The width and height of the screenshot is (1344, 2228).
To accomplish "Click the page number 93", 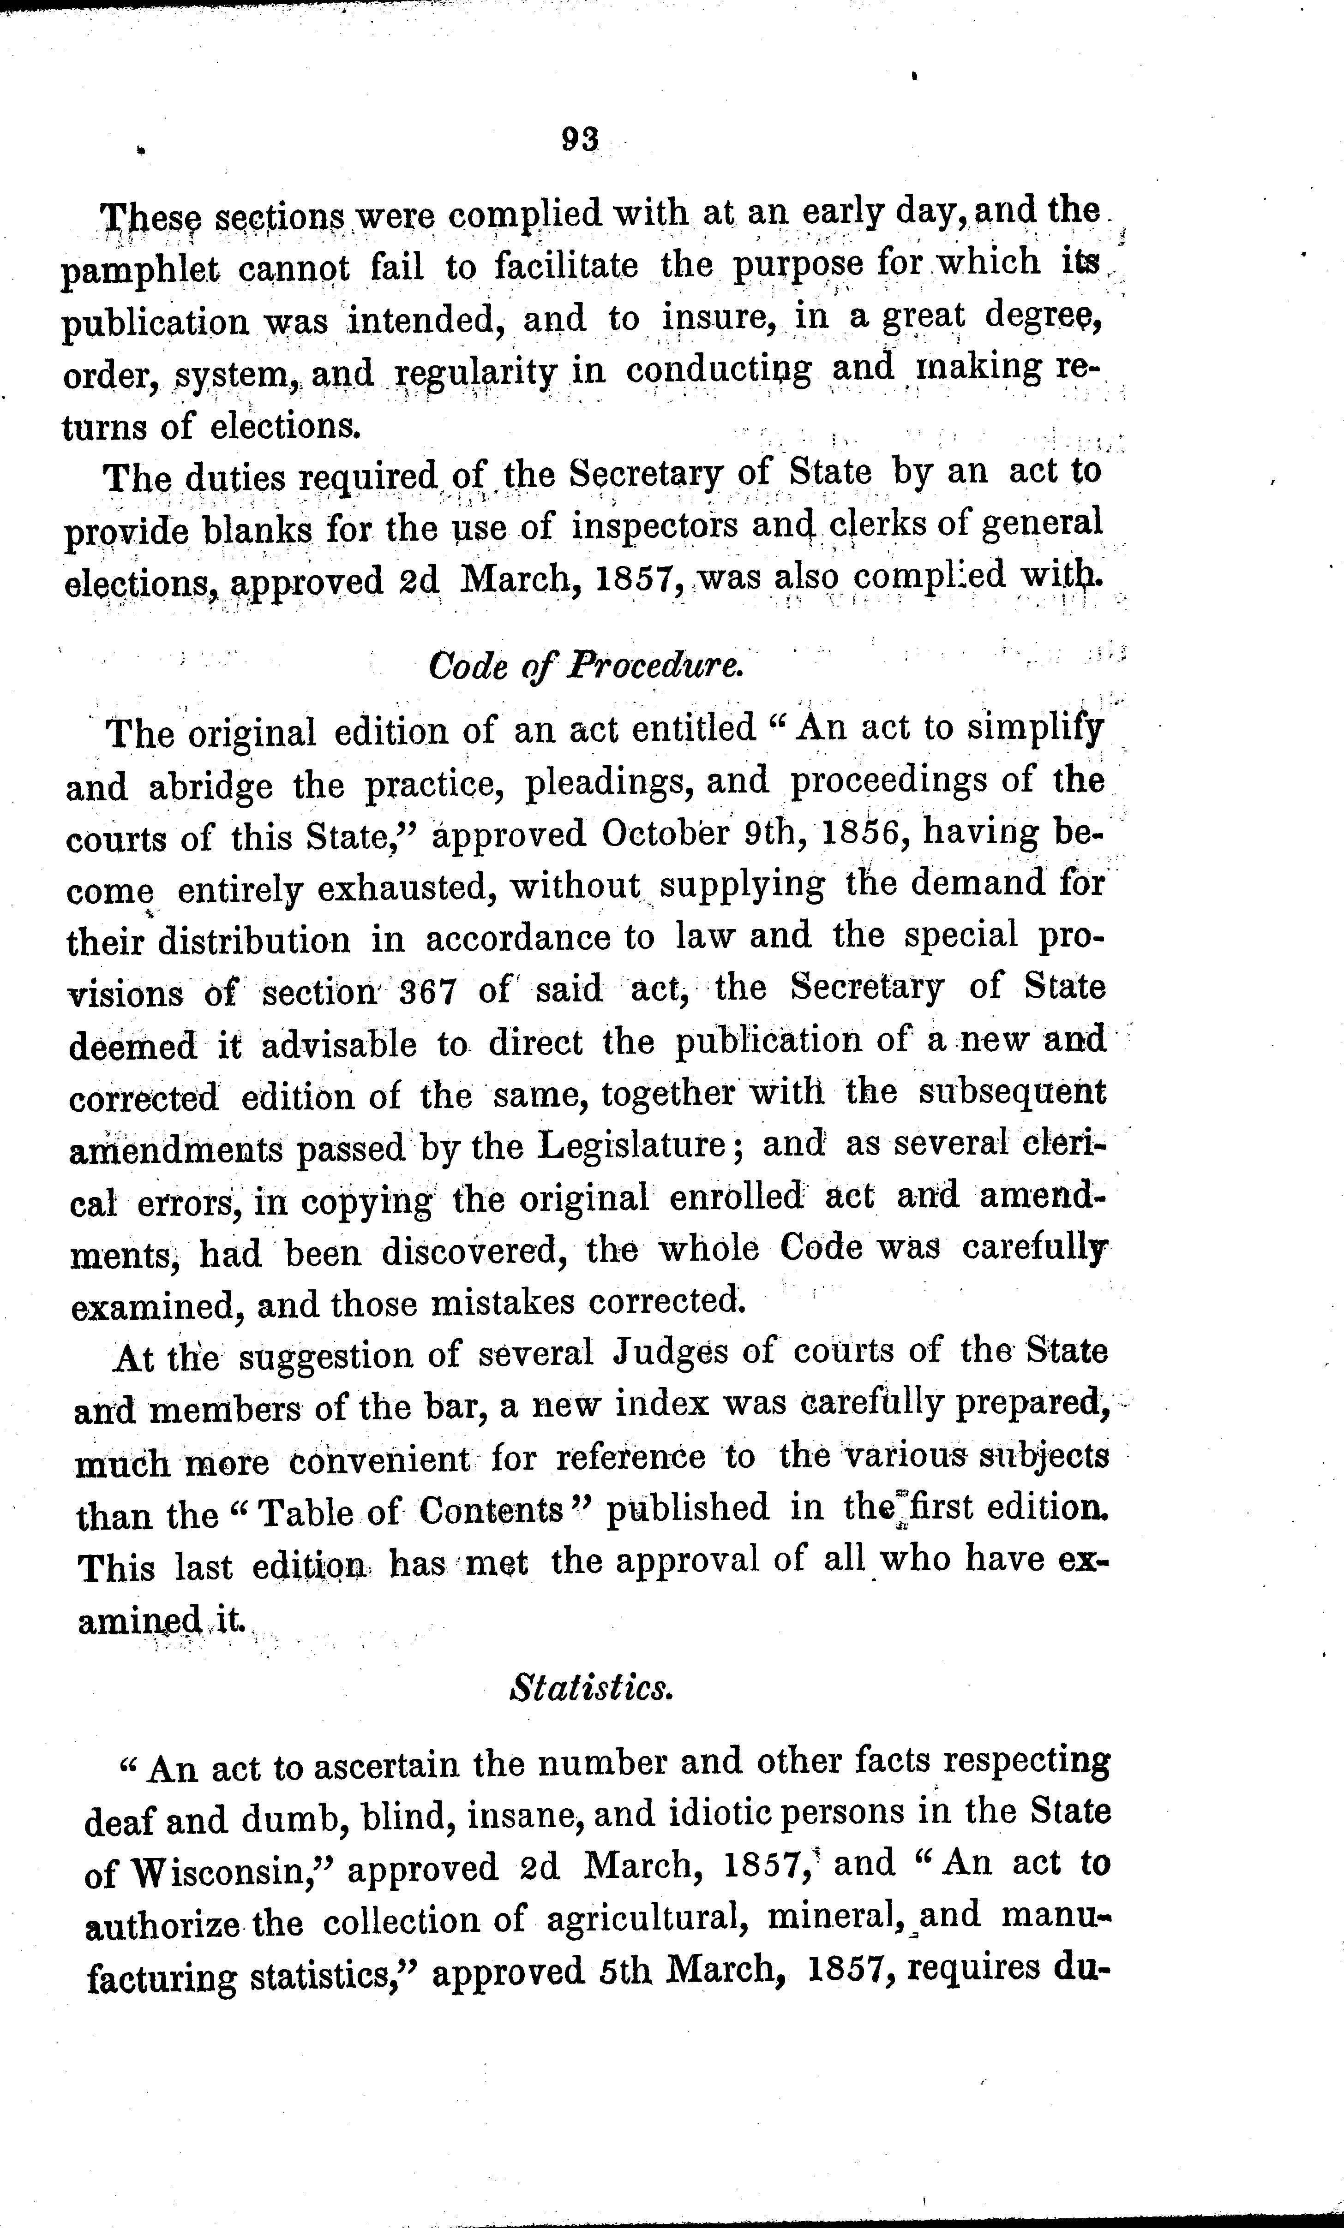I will coord(580,138).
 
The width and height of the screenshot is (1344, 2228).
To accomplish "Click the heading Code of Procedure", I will coord(586,667).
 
